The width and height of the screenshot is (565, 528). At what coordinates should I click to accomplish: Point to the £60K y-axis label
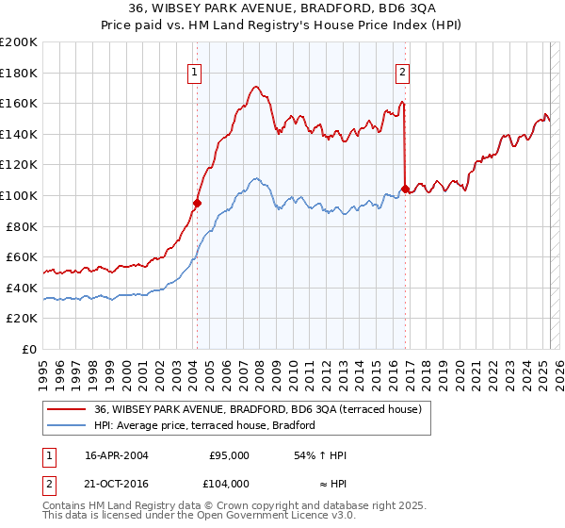21,256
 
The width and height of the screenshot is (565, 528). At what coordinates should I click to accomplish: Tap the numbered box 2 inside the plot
402,71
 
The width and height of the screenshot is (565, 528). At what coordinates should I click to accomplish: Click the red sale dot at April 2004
198,202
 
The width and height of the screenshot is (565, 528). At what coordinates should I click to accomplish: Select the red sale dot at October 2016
405,189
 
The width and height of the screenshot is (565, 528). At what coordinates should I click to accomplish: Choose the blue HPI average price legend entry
203,425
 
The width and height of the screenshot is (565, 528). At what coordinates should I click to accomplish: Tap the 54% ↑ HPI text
321,455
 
